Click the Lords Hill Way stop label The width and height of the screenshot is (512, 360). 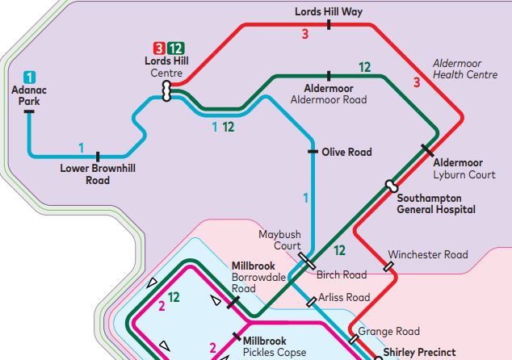click(x=329, y=11)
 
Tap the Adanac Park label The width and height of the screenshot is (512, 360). click(x=29, y=96)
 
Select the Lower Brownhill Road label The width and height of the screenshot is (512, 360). click(x=98, y=174)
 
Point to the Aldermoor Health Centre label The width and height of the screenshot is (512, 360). click(x=464, y=69)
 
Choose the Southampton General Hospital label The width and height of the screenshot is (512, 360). click(x=436, y=203)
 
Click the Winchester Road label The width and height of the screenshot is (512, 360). click(x=428, y=254)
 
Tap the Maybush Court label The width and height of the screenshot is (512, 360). click(x=279, y=240)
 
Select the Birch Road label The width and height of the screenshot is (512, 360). click(x=342, y=274)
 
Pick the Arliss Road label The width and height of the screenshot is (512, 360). click(x=344, y=298)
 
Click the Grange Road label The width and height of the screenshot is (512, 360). click(x=389, y=331)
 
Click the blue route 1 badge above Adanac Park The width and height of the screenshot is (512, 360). click(x=29, y=77)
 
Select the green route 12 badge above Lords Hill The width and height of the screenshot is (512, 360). click(x=175, y=48)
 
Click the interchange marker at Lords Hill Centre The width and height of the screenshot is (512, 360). click(x=167, y=91)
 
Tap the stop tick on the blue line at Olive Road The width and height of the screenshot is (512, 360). click(x=313, y=152)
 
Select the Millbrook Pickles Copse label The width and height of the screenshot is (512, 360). click(x=275, y=346)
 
